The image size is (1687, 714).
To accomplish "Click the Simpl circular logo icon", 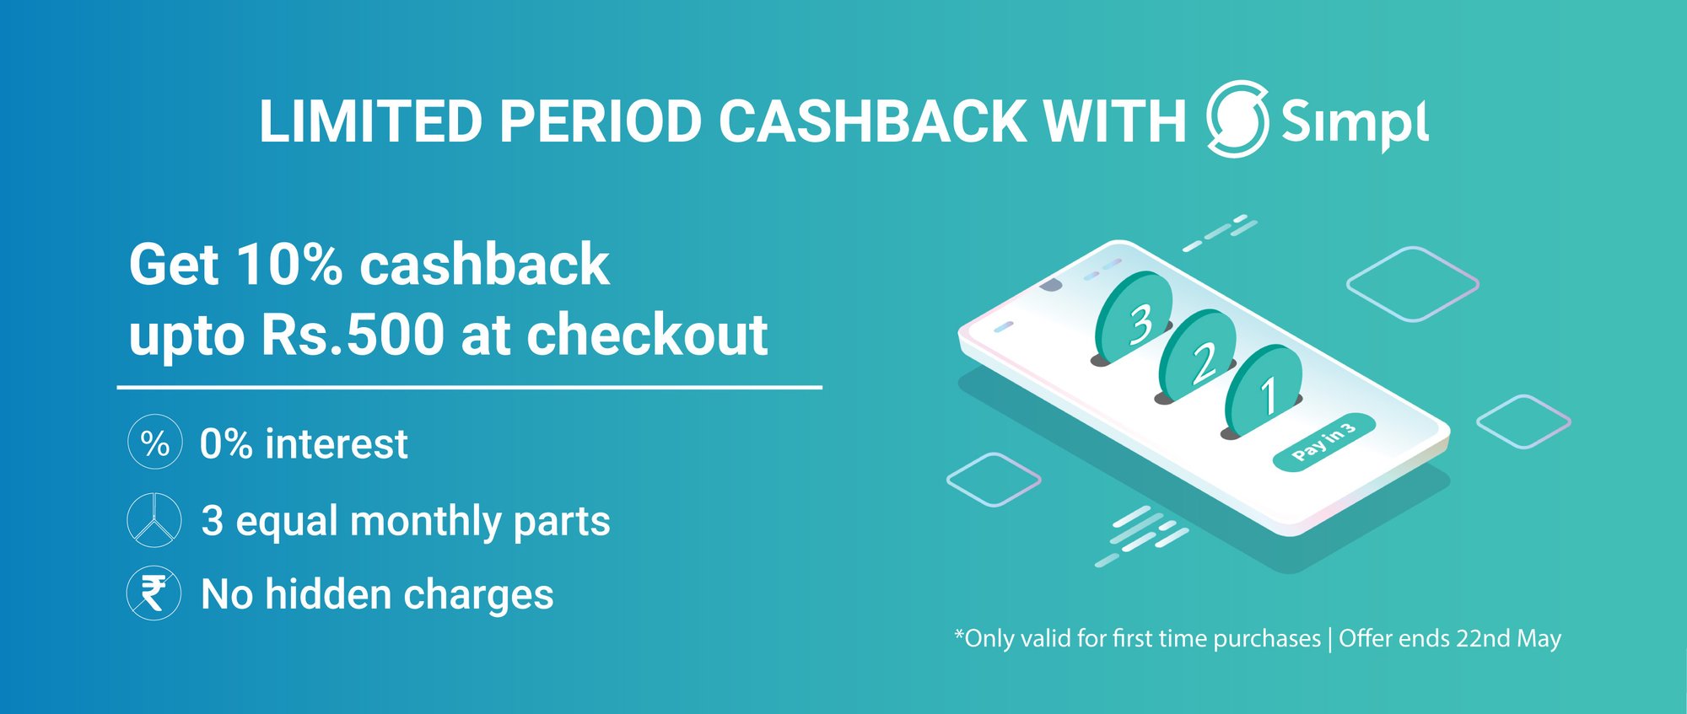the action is point(1237,119).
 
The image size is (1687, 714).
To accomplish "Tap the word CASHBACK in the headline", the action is point(872,121).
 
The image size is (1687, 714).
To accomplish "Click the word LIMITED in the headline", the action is point(370,121).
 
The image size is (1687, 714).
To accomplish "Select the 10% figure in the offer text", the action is point(289,264).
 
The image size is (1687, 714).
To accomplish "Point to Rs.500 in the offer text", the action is point(353,335).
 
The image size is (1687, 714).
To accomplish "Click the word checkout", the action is point(647,335).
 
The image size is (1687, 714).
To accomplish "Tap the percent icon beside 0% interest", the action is point(154,442).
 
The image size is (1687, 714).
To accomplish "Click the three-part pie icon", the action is point(154,520).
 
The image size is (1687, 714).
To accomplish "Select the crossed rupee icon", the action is point(154,593).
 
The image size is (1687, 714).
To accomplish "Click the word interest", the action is point(337,443).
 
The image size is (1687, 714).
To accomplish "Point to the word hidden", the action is point(328,594).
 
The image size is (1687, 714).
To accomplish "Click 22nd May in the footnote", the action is point(1509,638).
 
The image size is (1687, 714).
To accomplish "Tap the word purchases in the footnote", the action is point(1267,639).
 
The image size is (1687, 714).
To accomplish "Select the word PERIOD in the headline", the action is point(600,121).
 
